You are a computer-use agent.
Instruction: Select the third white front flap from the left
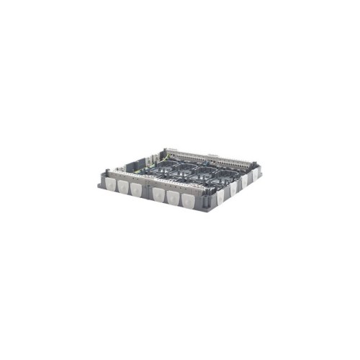(x=135, y=189)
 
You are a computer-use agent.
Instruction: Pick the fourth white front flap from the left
(x=158, y=194)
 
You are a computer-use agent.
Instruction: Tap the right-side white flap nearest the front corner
(x=220, y=197)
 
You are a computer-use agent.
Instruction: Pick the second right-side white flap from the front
(x=233, y=189)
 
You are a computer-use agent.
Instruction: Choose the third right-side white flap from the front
(x=243, y=181)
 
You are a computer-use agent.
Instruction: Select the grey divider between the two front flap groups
(x=147, y=190)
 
